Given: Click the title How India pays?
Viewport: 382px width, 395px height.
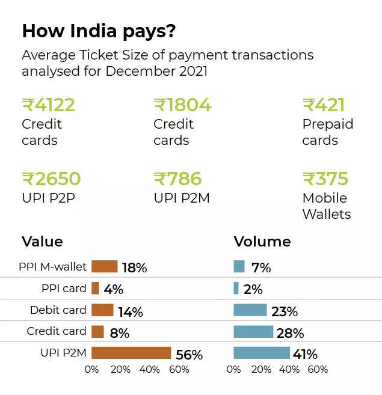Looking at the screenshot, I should (x=99, y=31).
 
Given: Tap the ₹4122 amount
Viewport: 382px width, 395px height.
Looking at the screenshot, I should (x=49, y=105).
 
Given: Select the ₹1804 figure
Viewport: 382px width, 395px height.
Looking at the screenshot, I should (x=183, y=105).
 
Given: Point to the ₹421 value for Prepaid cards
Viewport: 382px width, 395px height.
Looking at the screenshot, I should (x=324, y=105).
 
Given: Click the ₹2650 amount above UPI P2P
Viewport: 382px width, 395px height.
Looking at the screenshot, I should (x=51, y=179).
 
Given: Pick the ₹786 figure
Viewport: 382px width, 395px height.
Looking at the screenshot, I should (x=177, y=179).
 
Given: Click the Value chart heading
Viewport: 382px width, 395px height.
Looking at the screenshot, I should (x=42, y=242).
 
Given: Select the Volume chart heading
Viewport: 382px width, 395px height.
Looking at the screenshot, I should (x=262, y=242).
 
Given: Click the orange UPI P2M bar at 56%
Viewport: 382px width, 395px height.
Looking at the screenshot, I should (x=131, y=353).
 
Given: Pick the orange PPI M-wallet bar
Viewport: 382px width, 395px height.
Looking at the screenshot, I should (x=104, y=266).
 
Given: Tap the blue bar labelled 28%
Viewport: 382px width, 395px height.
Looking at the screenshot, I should (x=253, y=332).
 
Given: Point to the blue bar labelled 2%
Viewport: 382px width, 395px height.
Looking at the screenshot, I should (x=236, y=288).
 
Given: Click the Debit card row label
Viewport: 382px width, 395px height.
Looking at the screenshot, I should (x=58, y=310).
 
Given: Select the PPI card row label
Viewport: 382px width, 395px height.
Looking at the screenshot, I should (x=64, y=288).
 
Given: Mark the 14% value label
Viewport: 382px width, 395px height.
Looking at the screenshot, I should (x=131, y=312).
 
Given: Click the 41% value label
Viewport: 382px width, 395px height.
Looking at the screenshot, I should (x=305, y=355).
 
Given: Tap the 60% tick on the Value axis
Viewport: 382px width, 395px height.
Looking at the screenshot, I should (x=179, y=370).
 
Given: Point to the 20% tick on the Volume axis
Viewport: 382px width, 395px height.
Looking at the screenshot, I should (x=262, y=370).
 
